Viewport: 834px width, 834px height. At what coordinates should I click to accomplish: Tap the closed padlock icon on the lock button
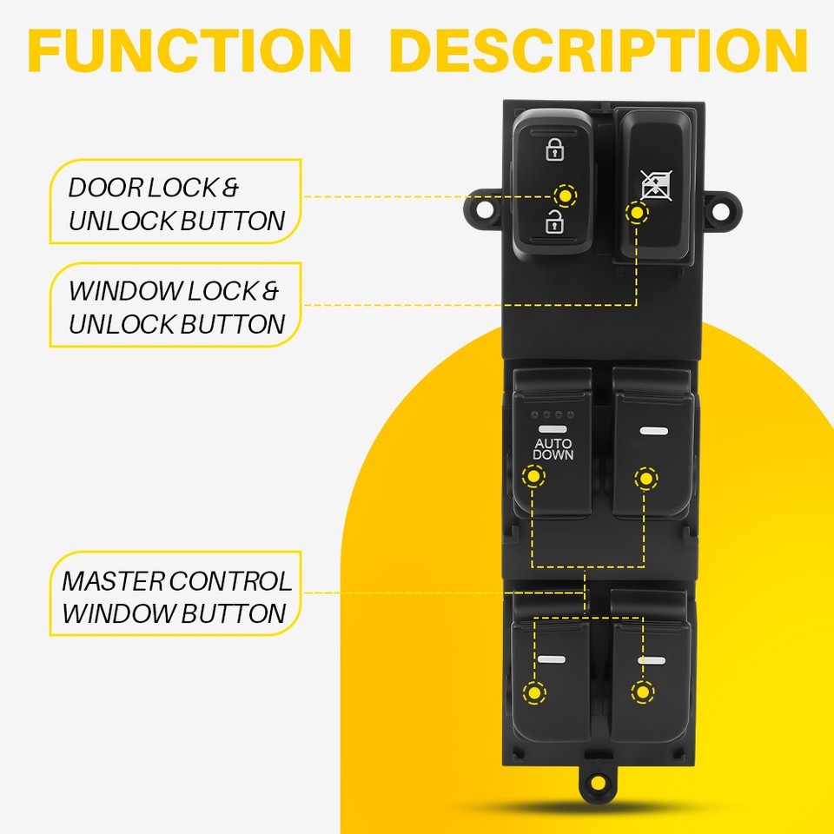(553, 149)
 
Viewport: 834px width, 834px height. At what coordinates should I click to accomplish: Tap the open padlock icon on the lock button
(553, 223)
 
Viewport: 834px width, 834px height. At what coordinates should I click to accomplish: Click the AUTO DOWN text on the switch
(553, 448)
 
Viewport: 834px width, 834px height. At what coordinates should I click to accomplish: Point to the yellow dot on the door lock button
(566, 196)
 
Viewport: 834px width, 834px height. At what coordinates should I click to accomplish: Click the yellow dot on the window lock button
(638, 211)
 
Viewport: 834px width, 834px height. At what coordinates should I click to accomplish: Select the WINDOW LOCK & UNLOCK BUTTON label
(177, 308)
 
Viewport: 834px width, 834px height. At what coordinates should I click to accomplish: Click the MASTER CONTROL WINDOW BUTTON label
(177, 597)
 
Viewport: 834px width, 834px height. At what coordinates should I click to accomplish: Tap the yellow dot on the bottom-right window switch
(642, 692)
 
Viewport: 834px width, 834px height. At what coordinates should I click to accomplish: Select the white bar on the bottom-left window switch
(551, 660)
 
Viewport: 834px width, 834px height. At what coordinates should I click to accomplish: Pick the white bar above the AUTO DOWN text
(552, 429)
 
